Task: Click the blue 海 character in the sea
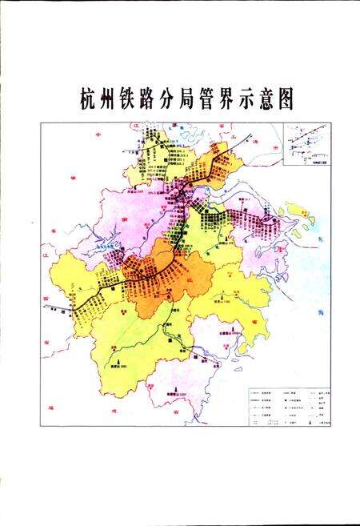pyautogui.click(x=319, y=312)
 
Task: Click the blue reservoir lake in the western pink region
pyautogui.click(x=107, y=250)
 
